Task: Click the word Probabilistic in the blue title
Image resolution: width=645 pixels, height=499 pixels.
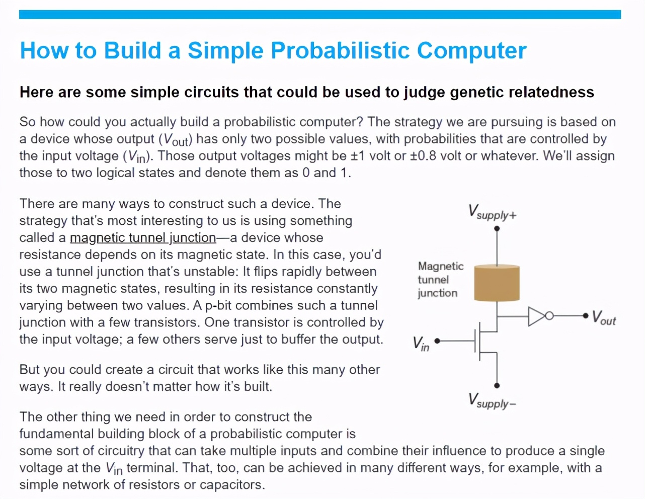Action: (x=340, y=50)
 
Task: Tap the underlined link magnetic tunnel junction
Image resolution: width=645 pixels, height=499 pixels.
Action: (x=143, y=238)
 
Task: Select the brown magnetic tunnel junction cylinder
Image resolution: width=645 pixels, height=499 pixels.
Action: (x=497, y=283)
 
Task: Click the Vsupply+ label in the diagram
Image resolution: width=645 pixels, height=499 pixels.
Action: (x=493, y=212)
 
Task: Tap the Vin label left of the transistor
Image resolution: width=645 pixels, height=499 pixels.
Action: (x=421, y=344)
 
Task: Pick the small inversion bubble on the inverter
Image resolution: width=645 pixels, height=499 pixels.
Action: (x=549, y=316)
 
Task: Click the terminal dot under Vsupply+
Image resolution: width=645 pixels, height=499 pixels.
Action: (x=497, y=228)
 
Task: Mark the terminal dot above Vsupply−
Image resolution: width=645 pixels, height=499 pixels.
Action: (x=497, y=385)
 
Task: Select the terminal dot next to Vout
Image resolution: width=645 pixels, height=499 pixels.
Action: (x=585, y=316)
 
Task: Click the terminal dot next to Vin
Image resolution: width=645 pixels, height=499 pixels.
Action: (x=437, y=341)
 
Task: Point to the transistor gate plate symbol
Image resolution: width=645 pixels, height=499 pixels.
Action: (x=475, y=341)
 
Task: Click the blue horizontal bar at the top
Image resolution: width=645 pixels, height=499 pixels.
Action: (x=320, y=14)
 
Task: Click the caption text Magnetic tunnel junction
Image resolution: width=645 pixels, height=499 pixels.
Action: (x=441, y=280)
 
